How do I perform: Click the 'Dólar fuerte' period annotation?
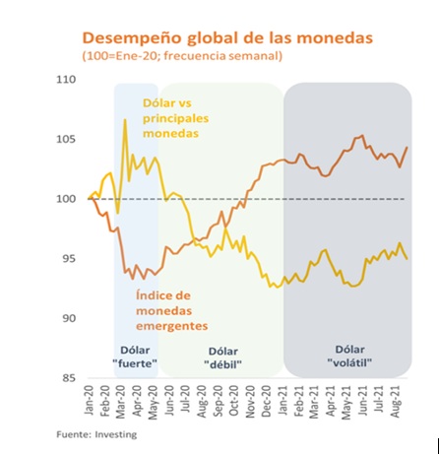point(137,357)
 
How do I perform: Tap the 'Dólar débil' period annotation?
point(224,357)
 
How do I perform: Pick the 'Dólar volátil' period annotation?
point(344,356)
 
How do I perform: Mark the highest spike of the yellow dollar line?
point(125,120)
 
